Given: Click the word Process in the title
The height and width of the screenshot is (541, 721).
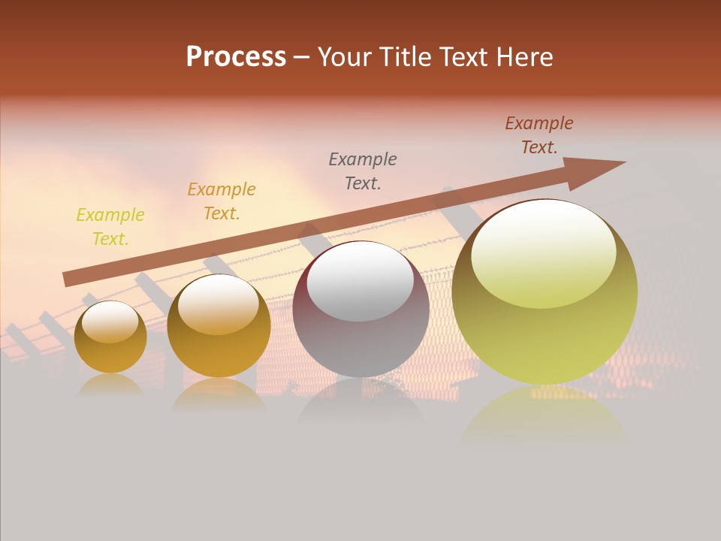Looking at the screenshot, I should (x=236, y=57).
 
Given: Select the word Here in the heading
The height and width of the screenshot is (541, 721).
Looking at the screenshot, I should (x=523, y=57).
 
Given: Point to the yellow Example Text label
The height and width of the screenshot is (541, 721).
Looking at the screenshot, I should (x=110, y=227).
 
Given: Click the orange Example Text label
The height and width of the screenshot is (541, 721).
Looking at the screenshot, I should (x=222, y=201).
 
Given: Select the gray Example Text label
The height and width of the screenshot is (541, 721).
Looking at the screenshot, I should (x=363, y=171).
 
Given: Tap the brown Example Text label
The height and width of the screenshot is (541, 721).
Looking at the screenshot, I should (x=539, y=135).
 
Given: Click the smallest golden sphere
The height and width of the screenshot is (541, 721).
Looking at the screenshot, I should (x=110, y=337).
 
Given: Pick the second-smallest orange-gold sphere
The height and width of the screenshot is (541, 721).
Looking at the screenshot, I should (x=219, y=326).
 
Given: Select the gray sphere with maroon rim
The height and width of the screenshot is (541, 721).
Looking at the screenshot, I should (x=360, y=310).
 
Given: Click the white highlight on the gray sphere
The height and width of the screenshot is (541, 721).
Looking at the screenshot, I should (x=360, y=283).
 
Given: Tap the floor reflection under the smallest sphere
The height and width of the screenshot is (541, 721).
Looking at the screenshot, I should (x=110, y=386).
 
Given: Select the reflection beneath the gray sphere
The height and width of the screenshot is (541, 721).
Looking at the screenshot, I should (x=360, y=402).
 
